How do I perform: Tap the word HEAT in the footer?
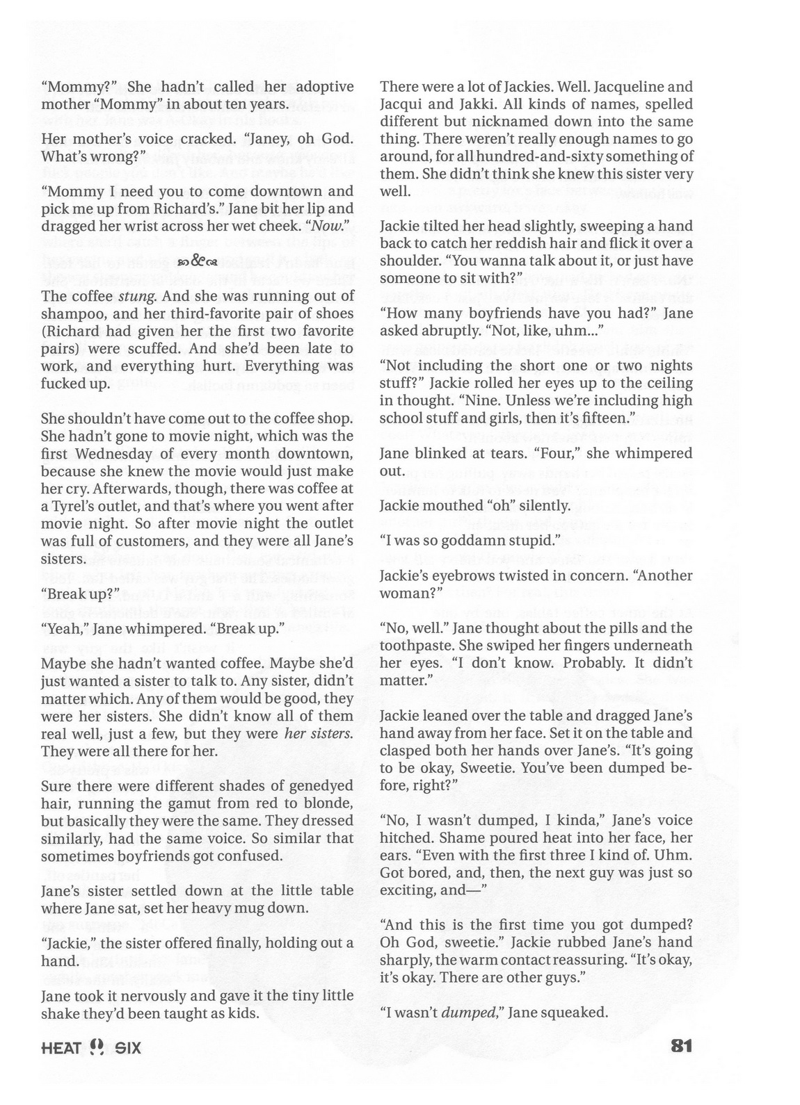tap(61, 1047)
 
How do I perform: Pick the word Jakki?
tap(492, 104)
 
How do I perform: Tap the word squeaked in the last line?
tap(577, 1013)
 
